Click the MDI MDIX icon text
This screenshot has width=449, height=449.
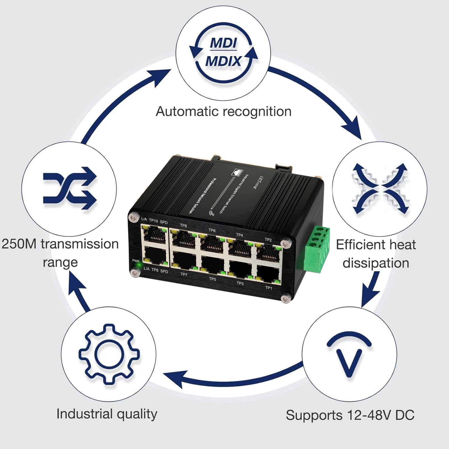pos(223,52)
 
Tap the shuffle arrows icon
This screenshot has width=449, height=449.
pos(70,188)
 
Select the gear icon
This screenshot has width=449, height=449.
pos(109,354)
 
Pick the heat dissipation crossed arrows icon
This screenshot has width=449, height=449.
pos(380,189)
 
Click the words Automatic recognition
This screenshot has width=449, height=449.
pos(223,111)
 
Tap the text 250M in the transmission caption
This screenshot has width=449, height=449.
pos(19,244)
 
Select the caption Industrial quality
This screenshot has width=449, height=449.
pos(107,414)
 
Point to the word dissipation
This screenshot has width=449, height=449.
pos(376,263)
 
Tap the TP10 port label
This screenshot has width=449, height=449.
pos(153,221)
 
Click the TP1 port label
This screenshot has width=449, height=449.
pos(269,288)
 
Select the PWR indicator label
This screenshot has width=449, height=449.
pos(136,261)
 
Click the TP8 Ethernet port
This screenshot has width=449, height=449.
pos(183,240)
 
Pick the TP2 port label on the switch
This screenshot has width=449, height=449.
pos(268,240)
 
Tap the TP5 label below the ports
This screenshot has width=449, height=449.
pos(212,279)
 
